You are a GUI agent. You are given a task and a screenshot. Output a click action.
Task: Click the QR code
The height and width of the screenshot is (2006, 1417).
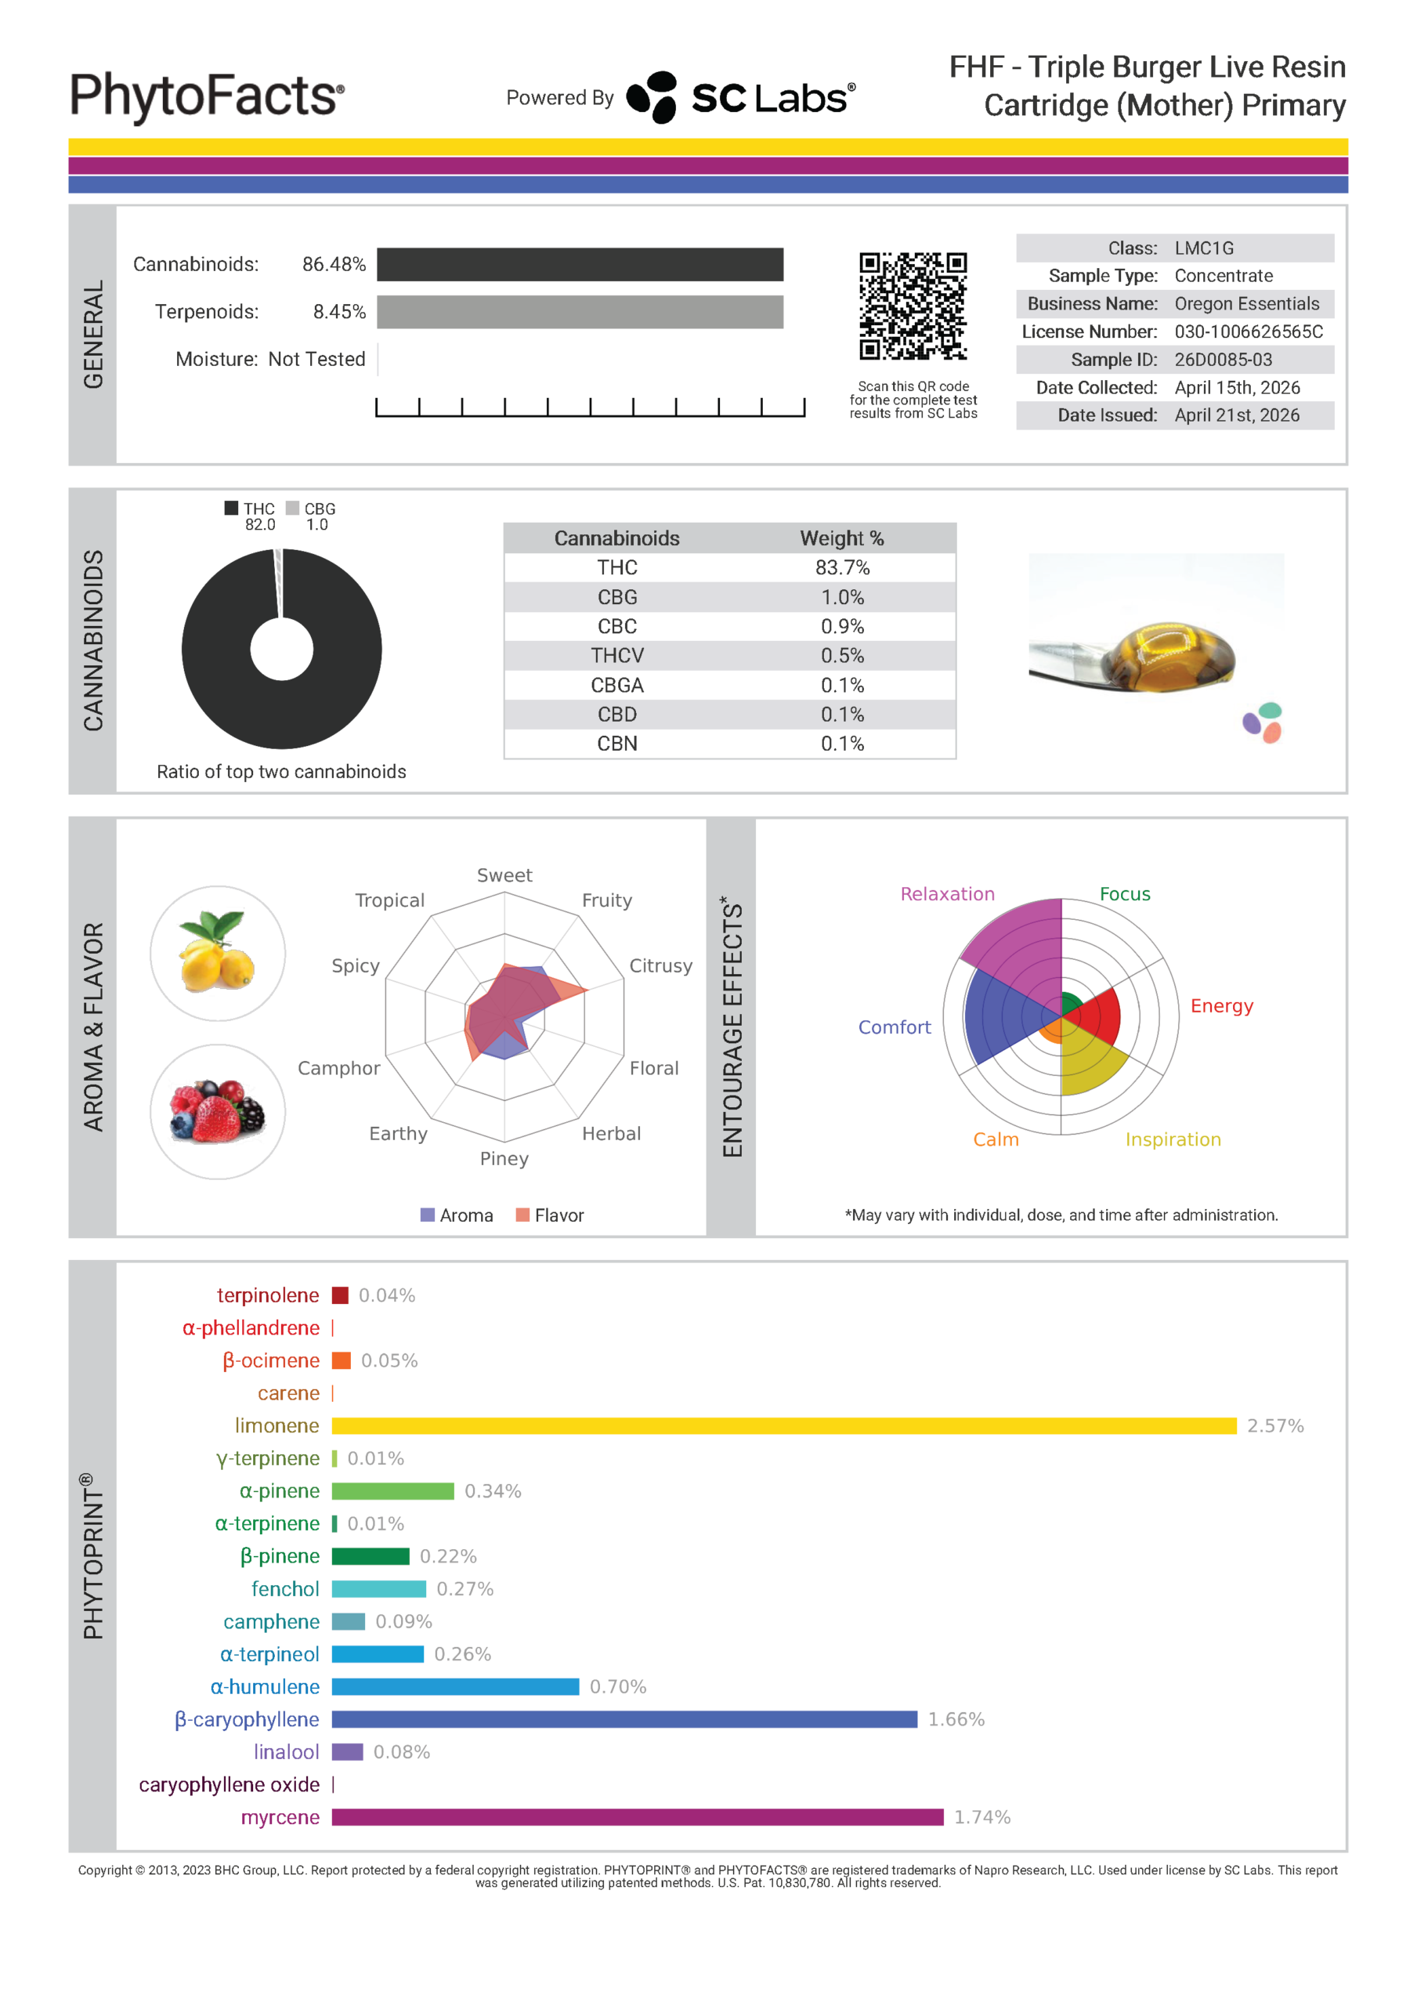pyautogui.click(x=912, y=306)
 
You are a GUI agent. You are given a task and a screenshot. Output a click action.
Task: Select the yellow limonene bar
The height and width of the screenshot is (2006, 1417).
pyautogui.click(x=783, y=1426)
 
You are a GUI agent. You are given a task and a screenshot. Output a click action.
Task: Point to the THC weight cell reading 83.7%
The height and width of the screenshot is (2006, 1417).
pyautogui.click(x=842, y=568)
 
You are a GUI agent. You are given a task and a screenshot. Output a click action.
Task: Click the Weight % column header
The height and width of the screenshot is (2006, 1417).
pyautogui.click(x=842, y=538)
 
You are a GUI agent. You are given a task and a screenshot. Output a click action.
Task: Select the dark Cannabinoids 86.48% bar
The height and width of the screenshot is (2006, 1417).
pyautogui.click(x=580, y=265)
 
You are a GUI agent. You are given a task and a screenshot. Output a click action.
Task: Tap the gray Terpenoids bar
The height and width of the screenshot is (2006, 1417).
pyautogui.click(x=580, y=312)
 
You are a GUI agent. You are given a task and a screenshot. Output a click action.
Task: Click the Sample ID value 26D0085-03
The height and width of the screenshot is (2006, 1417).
pyautogui.click(x=1223, y=360)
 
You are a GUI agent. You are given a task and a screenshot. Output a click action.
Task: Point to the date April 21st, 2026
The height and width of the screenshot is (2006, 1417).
pyautogui.click(x=1237, y=416)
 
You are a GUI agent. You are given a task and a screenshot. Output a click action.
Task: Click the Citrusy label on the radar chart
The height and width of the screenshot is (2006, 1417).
pyautogui.click(x=660, y=965)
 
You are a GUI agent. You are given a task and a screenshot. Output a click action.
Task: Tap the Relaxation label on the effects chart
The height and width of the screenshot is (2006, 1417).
pyautogui.click(x=947, y=894)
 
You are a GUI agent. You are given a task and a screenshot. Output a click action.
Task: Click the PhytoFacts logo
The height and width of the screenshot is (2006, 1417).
pyautogui.click(x=207, y=96)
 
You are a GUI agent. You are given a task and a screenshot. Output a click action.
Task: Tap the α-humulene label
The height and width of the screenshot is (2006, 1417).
pyautogui.click(x=265, y=1687)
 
